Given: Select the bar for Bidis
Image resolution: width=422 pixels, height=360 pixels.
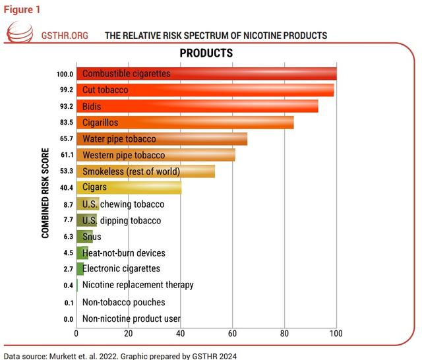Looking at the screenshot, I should pos(197,106).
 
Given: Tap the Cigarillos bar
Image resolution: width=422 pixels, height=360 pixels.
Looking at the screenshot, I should pos(185,123).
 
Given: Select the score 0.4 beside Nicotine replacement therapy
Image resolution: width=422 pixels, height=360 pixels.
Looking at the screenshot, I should pos(67,285).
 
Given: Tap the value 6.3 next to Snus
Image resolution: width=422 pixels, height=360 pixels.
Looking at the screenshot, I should pos(67,237).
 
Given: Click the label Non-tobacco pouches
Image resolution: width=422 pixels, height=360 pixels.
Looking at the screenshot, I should pos(123,303).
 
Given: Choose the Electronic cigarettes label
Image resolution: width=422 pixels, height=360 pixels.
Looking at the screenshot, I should pos(121,269).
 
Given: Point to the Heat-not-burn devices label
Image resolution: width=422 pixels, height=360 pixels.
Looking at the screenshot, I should pos(124,253).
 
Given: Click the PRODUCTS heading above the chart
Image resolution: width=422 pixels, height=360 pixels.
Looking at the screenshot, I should pos(206,53).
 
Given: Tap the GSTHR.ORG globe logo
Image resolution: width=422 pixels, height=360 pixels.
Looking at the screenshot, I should pos(19,33).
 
